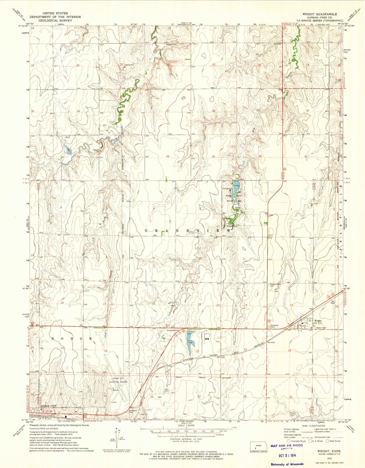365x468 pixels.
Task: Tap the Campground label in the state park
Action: (x=227, y=188)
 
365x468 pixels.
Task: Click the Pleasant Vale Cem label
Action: (x=275, y=285)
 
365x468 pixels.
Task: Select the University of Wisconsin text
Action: (x=287, y=464)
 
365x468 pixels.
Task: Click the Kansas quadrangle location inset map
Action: (x=258, y=446)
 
